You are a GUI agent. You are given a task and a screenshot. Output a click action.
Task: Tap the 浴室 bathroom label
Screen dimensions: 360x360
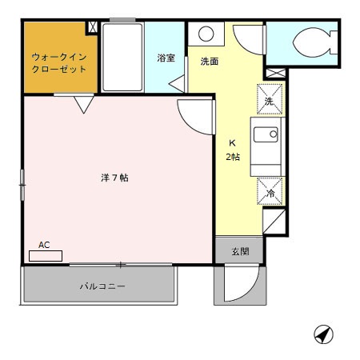pos(166,58)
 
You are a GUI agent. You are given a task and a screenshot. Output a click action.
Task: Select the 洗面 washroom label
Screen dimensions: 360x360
pos(210,61)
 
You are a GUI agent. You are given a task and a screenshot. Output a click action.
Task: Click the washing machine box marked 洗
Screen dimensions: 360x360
pos(270,100)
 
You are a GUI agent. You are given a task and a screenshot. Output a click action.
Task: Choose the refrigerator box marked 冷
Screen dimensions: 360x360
pos(270,192)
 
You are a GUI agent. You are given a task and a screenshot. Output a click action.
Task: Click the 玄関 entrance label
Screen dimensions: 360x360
pos(239,251)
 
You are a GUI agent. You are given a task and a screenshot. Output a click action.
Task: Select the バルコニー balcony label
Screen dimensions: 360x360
pos(102,286)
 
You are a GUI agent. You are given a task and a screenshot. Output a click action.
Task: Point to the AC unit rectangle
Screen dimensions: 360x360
pos(45,256)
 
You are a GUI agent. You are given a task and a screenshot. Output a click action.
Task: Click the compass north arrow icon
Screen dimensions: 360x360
pos(323,334)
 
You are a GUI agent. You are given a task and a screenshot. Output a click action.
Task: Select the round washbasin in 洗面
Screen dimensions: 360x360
pos(206,34)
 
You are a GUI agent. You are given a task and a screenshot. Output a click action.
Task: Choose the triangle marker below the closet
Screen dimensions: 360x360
pos(84,104)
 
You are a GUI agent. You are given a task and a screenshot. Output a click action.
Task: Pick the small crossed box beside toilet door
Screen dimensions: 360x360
pos(274,74)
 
